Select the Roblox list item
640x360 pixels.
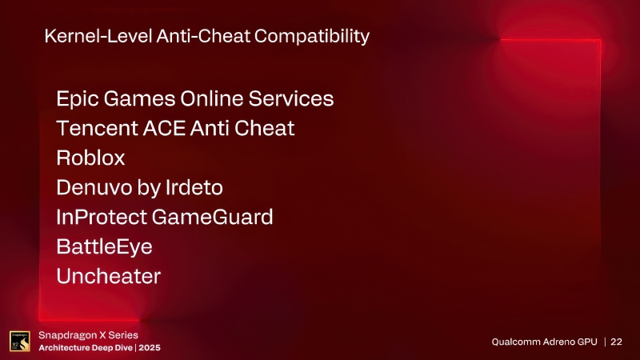pos(90,158)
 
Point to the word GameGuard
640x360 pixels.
pos(215,217)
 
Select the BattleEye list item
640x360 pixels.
pos(104,246)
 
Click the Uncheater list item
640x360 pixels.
pos(108,276)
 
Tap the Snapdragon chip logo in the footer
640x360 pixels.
pos(19,342)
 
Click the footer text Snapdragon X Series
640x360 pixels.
pos(89,335)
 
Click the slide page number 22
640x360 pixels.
pos(617,342)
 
